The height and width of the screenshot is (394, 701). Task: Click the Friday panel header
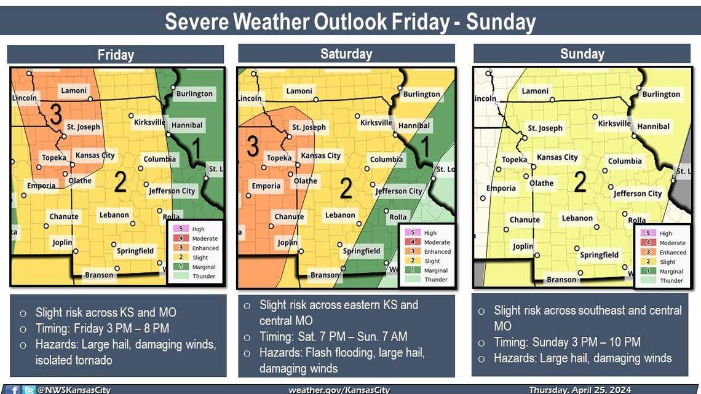click(x=116, y=55)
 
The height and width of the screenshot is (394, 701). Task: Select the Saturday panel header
click(x=346, y=53)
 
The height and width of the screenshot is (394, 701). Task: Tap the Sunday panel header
click(x=582, y=53)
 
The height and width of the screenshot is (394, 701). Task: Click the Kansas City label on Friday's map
click(x=95, y=155)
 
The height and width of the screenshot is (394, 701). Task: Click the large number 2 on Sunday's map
click(x=579, y=183)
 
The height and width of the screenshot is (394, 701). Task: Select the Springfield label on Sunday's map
click(x=599, y=255)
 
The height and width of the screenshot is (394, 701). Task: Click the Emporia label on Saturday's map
click(x=266, y=186)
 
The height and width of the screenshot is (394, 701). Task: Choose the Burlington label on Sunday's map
click(x=661, y=94)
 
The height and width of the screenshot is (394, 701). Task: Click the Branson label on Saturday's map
click(x=324, y=275)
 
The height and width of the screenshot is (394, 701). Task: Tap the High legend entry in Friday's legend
click(x=197, y=229)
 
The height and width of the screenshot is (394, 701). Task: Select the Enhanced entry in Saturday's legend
click(x=437, y=252)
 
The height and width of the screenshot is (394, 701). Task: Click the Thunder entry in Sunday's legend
click(x=671, y=280)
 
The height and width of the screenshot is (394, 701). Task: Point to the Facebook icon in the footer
click(x=15, y=390)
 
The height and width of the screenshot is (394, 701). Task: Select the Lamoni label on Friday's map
click(x=74, y=90)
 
